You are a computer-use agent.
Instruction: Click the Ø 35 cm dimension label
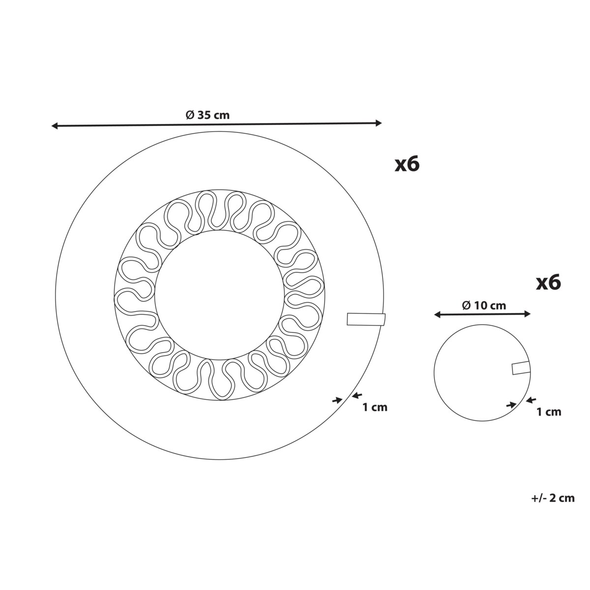(x=207, y=115)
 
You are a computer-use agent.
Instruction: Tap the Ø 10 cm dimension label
(x=484, y=305)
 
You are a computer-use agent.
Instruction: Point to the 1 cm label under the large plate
(x=375, y=407)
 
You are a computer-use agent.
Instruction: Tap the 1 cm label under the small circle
(x=549, y=412)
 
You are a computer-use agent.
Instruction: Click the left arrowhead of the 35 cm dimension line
(x=55, y=125)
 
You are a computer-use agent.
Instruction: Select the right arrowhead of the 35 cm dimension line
(x=379, y=123)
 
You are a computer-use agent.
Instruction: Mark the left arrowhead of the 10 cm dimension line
(x=438, y=315)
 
